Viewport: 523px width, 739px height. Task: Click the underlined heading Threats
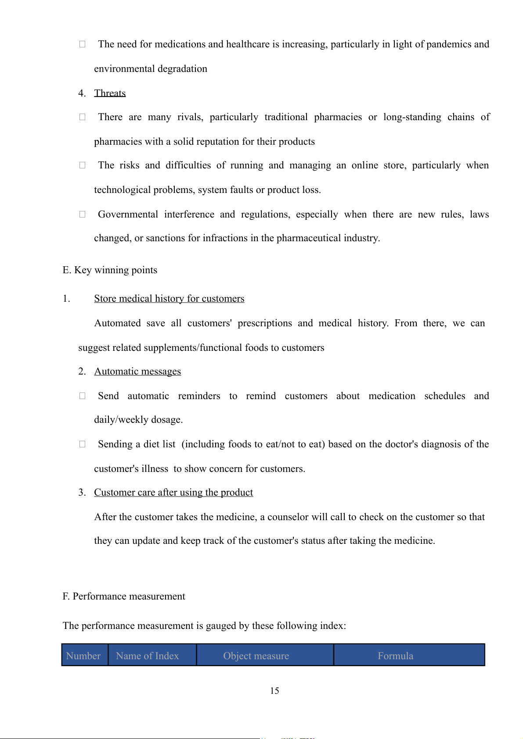point(110,93)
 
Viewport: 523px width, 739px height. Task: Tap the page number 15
point(274,691)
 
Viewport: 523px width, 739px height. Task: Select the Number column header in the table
point(83,656)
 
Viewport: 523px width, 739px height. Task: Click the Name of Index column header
point(148,656)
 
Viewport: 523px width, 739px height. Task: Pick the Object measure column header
point(256,656)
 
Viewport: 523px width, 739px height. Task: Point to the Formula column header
point(395,656)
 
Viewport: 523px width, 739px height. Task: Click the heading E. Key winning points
point(110,270)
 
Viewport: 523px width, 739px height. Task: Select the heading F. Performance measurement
point(124,596)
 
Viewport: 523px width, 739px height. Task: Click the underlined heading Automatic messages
point(137,371)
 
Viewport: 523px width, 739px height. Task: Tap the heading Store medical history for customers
point(169,299)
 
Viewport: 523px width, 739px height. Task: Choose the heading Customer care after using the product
point(173,493)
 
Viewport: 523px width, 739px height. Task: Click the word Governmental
point(128,214)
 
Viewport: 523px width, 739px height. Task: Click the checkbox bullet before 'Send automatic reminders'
point(82,396)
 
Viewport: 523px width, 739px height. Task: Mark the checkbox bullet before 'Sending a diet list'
point(82,444)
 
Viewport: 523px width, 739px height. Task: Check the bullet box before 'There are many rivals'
point(82,117)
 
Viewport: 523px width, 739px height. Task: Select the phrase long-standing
point(412,117)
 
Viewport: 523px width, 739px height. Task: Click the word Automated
point(117,323)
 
